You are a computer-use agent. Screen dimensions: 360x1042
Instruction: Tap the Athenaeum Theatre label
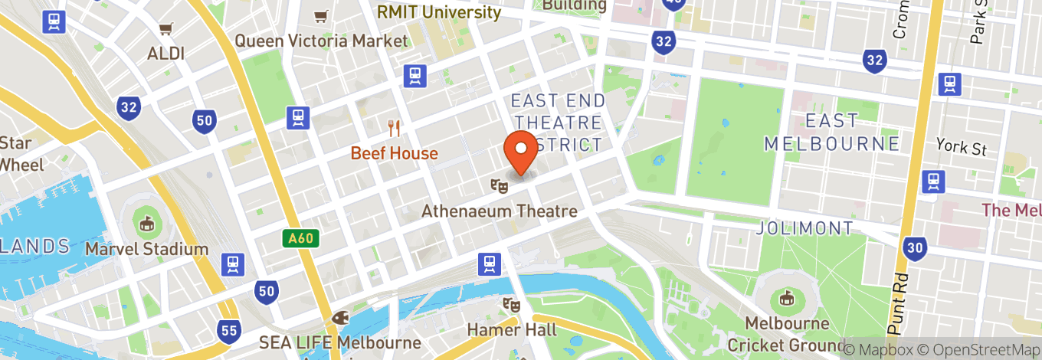499,211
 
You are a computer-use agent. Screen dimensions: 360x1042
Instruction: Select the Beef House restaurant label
394,153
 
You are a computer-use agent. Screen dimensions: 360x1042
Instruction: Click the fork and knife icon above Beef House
395,127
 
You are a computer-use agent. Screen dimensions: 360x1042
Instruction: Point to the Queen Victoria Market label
321,41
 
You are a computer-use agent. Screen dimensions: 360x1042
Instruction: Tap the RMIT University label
439,12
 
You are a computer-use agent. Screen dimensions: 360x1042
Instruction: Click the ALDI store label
166,54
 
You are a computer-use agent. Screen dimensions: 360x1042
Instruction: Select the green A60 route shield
300,239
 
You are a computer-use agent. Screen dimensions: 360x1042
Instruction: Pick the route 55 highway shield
230,331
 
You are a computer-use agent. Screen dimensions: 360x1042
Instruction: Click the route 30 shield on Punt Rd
915,247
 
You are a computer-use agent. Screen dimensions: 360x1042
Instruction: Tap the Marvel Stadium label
146,249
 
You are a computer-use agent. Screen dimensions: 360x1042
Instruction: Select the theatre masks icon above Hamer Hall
511,305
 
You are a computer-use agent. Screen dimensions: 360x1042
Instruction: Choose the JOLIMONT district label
804,228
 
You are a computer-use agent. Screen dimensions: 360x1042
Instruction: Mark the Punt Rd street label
899,303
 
